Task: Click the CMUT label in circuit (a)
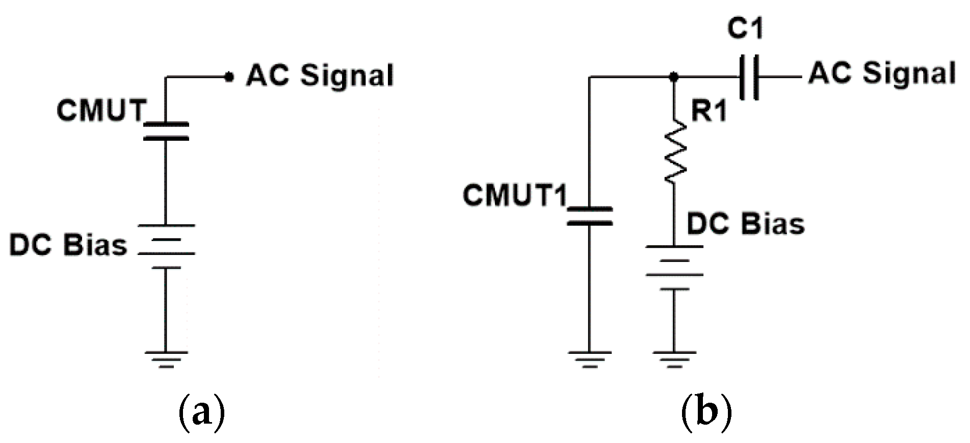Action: (101, 110)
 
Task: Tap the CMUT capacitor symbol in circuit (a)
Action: (166, 131)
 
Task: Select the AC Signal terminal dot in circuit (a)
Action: (229, 77)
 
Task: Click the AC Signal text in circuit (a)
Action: (320, 75)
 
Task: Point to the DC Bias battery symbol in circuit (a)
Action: (166, 246)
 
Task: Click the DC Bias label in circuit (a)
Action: (68, 245)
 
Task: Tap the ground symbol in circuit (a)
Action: (166, 359)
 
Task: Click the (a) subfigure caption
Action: (202, 414)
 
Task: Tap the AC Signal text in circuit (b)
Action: (882, 73)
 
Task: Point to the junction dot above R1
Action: (674, 77)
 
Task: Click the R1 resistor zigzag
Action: (675, 152)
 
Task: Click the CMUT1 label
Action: (515, 195)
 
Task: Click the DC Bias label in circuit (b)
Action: (745, 224)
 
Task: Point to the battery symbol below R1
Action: (674, 268)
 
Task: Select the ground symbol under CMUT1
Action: (590, 359)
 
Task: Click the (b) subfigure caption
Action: (706, 414)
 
